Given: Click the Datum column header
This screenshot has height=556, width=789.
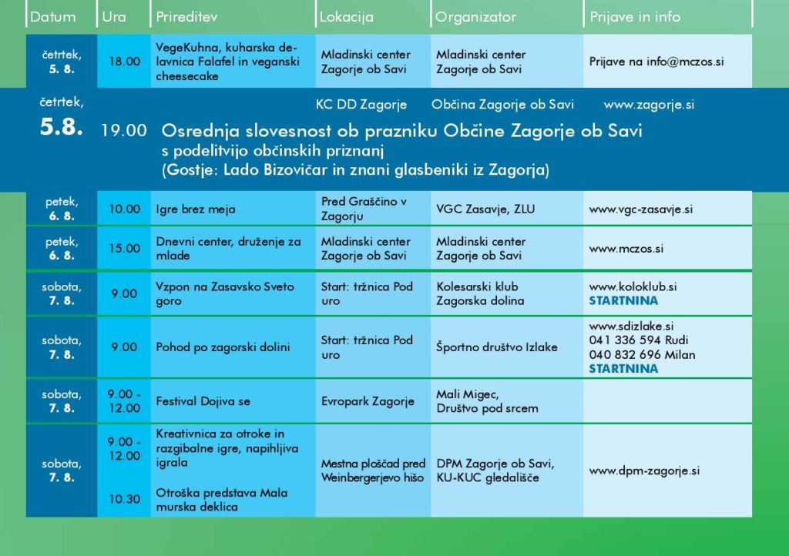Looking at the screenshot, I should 53,17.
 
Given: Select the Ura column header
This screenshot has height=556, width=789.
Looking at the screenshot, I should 114,17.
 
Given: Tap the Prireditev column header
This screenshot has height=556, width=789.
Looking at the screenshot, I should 188,17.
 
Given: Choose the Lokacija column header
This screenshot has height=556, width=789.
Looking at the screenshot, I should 346,17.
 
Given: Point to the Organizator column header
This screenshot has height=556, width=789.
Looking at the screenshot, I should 475,17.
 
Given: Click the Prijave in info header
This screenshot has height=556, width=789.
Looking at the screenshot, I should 635,17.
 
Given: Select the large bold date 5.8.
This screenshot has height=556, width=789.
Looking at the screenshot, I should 62,128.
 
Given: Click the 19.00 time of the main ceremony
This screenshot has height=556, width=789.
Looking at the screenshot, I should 123,131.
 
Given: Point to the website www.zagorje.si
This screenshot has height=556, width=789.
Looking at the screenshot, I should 649,105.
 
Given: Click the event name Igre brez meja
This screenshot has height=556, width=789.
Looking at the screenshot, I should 196,209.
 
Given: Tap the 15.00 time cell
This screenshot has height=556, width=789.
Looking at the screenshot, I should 125,249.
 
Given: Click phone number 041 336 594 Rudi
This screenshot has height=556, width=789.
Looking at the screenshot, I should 639,340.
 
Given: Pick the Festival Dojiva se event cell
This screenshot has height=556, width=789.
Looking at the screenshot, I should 203,401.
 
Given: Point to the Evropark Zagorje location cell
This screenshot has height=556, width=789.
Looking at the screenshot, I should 368,401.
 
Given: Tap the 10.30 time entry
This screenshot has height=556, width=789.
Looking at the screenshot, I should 125,499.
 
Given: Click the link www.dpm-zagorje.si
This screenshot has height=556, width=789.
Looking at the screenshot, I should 644,471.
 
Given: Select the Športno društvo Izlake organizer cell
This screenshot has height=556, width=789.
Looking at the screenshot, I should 496,347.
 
